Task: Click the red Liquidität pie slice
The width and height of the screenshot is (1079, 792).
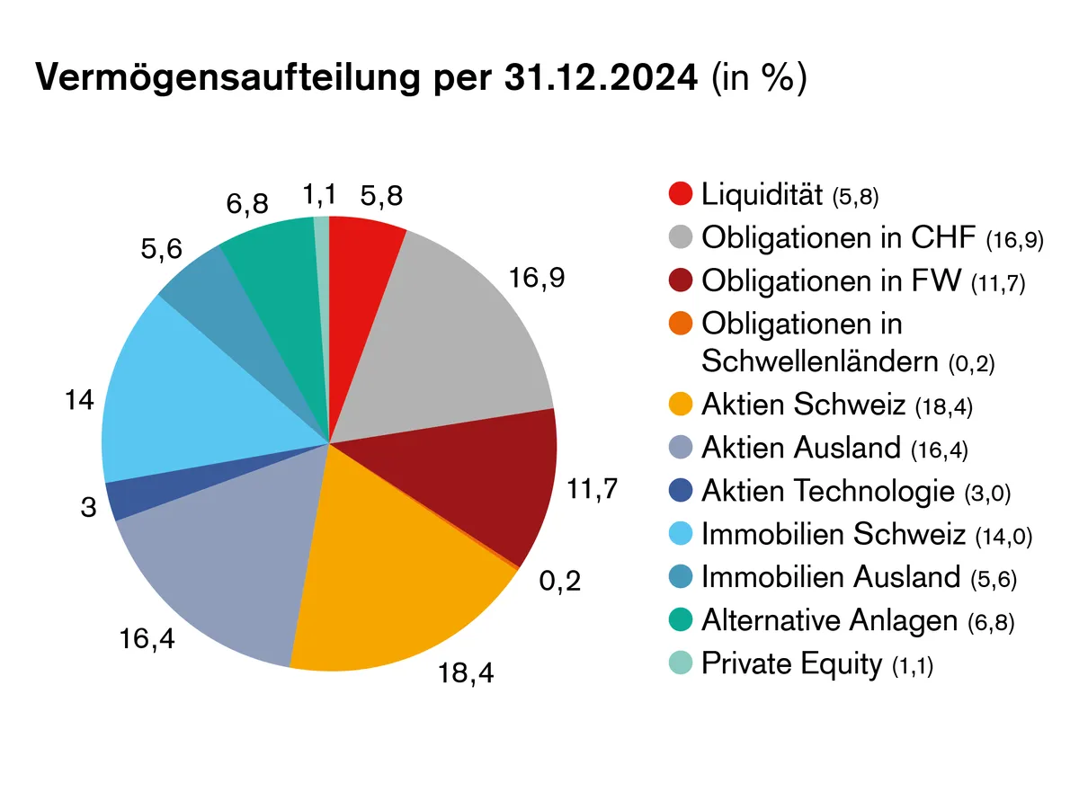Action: (x=361, y=270)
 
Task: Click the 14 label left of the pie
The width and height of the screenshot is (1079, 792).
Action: (x=80, y=401)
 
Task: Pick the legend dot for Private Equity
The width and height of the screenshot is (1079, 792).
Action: (x=681, y=664)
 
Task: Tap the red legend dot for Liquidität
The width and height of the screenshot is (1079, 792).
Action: (x=681, y=193)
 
